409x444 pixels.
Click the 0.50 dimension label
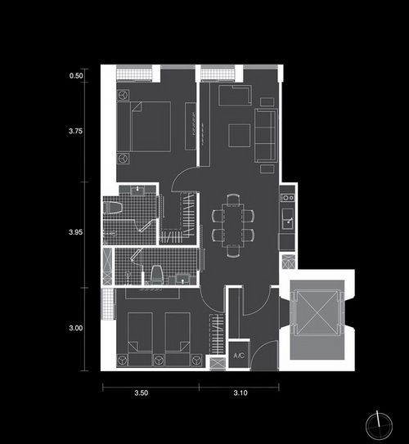pyautogui.click(x=76, y=75)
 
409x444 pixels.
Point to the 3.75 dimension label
pyautogui.click(x=76, y=131)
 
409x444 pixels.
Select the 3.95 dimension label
pyautogui.click(x=76, y=232)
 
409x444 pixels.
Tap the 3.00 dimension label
pyautogui.click(x=76, y=328)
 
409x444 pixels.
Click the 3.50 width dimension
pyautogui.click(x=141, y=392)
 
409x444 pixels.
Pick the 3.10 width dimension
pyautogui.click(x=240, y=392)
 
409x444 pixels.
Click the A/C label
pyautogui.click(x=239, y=356)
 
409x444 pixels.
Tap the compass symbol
pyautogui.click(x=379, y=426)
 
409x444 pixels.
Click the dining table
pyautogui.click(x=232, y=225)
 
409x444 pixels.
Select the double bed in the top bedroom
pyautogui.click(x=144, y=126)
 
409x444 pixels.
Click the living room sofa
pyautogui.click(x=266, y=136)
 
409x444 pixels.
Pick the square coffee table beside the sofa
pyautogui.click(x=240, y=136)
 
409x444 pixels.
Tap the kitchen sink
pyautogui.click(x=288, y=218)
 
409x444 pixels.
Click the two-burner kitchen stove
pyautogui.click(x=288, y=197)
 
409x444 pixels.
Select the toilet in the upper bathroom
pyautogui.click(x=113, y=208)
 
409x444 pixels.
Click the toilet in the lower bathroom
pyautogui.click(x=156, y=275)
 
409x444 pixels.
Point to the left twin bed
pyautogui.click(x=140, y=339)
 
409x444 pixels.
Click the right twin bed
pyautogui.click(x=178, y=339)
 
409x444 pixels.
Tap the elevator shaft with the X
pyautogui.click(x=317, y=313)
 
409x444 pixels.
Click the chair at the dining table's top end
pyautogui.click(x=233, y=199)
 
